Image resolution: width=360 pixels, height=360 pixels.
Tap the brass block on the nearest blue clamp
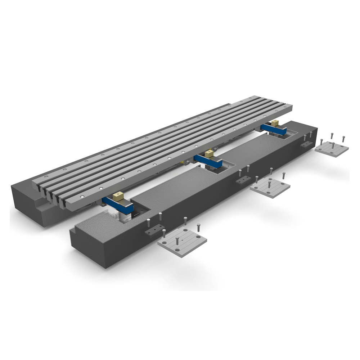pyautogui.click(x=117, y=197)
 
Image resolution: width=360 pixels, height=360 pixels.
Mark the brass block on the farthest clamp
pyautogui.click(x=275, y=123)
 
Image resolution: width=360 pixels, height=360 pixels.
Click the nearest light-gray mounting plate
pyautogui.click(x=182, y=243)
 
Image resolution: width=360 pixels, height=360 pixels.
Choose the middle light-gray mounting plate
pyautogui.click(x=270, y=187)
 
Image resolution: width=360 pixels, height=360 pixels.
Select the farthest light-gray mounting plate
pyautogui.click(x=332, y=148)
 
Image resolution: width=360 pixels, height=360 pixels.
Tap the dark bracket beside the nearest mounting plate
pyautogui.click(x=153, y=230)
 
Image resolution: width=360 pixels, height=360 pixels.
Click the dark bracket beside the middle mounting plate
pyautogui.click(x=243, y=180)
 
